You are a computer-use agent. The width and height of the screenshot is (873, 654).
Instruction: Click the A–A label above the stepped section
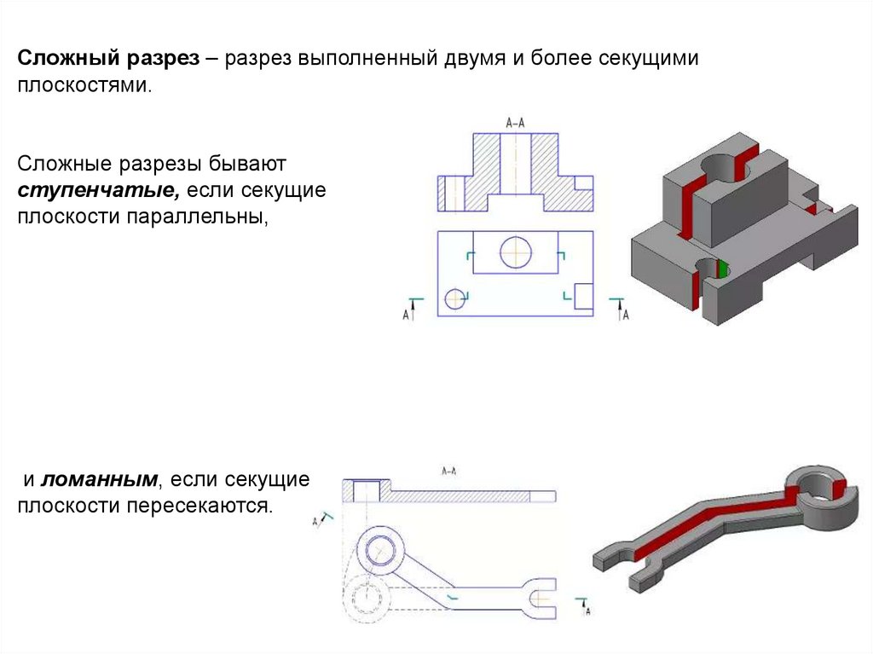click(x=515, y=123)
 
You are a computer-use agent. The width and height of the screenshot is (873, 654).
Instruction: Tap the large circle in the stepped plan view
click(x=516, y=252)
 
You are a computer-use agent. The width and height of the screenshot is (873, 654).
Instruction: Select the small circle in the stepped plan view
click(x=454, y=298)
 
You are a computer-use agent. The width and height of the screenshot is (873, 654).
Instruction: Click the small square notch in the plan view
click(x=585, y=295)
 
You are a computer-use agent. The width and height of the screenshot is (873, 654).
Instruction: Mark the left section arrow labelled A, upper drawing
click(x=413, y=310)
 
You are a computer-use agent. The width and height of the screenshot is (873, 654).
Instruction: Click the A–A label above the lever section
click(x=448, y=470)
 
